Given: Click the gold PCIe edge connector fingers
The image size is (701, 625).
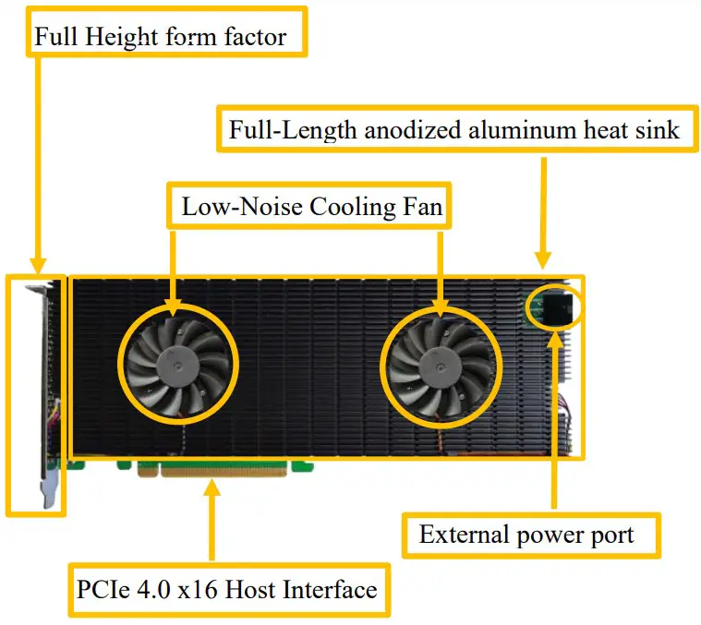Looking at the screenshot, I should coord(222,470).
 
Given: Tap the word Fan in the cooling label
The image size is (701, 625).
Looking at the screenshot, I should coord(424,206).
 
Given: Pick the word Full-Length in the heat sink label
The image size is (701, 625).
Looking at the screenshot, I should coord(293,129).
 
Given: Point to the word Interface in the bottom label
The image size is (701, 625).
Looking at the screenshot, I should coord(333,589).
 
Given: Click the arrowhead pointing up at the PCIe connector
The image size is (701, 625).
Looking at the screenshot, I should coord(213,487).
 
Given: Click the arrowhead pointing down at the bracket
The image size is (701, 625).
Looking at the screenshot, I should coord(38,265).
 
